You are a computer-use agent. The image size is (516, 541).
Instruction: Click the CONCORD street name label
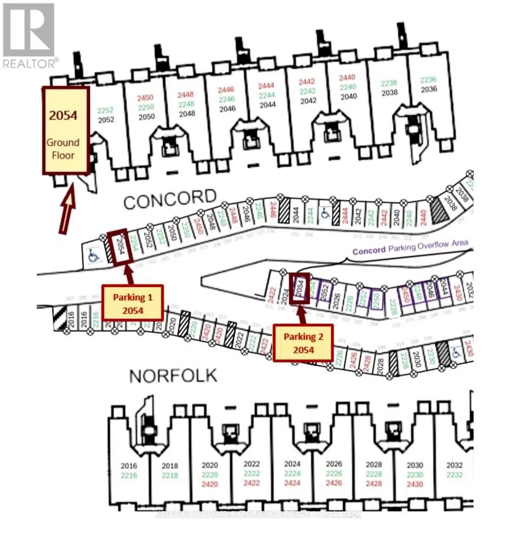pyautogui.click(x=170, y=200)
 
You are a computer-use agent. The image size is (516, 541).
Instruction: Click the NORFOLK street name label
pyautogui.click(x=173, y=376)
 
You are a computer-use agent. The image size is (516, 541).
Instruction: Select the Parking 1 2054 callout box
pyautogui.click(x=133, y=303)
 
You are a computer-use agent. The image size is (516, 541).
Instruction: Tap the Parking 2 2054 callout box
pyautogui.click(x=303, y=343)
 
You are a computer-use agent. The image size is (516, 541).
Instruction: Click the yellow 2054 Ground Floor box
pyautogui.click(x=66, y=131)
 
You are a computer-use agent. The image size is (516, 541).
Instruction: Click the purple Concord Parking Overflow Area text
pyautogui.click(x=410, y=247)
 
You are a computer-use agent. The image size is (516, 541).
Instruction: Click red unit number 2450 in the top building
pyautogui.click(x=145, y=98)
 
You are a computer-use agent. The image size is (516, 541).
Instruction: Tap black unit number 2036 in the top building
pyautogui.click(x=429, y=89)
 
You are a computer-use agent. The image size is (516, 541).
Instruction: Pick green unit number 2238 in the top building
pyautogui.click(x=388, y=84)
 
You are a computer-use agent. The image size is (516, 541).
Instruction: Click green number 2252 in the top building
pyautogui.click(x=105, y=110)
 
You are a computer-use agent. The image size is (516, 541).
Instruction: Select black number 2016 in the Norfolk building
pyautogui.click(x=129, y=466)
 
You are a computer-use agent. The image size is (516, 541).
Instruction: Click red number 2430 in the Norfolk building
pyautogui.click(x=415, y=484)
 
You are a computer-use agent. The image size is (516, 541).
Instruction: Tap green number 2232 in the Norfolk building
pyautogui.click(x=455, y=474)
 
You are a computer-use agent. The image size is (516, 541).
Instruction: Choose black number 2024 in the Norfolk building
pyautogui.click(x=292, y=464)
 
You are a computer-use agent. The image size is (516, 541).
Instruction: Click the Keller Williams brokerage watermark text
pyautogui.click(x=258, y=514)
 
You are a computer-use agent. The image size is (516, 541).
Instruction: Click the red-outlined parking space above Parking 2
pyautogui.click(x=300, y=288)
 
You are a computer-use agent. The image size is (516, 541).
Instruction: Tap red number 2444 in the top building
pyautogui.click(x=266, y=86)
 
